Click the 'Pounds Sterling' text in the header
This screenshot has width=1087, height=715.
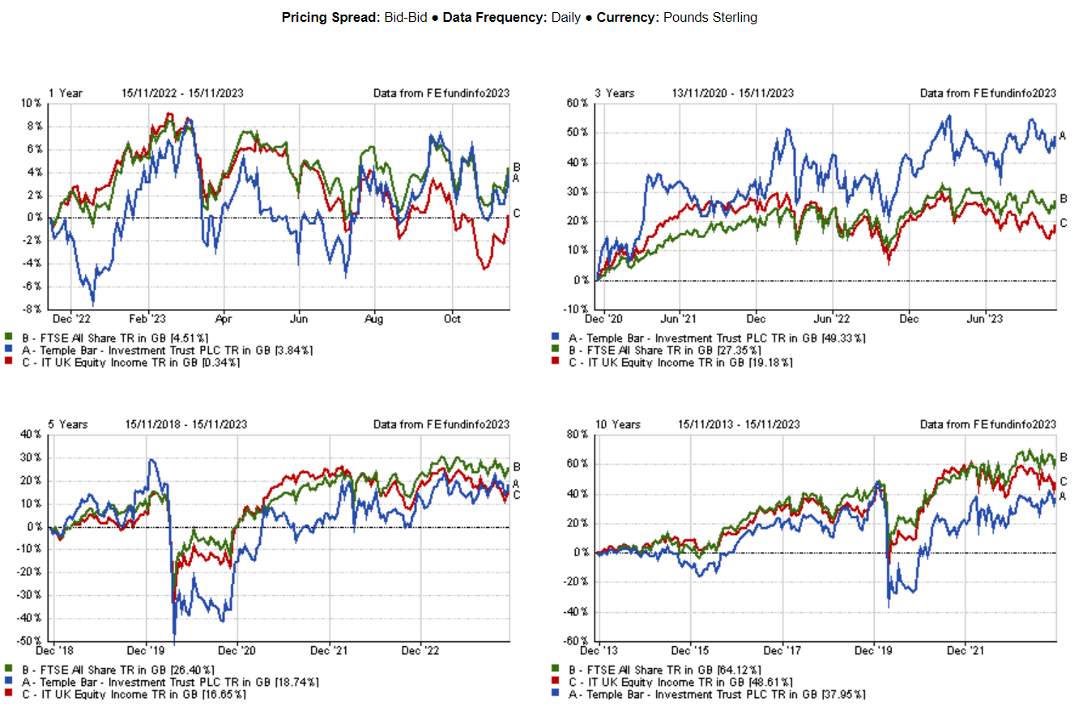[x=710, y=17]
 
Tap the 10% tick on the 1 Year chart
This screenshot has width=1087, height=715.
[x=32, y=104]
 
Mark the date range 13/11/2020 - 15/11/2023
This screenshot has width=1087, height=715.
[x=732, y=93]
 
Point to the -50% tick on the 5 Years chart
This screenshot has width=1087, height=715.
[x=30, y=641]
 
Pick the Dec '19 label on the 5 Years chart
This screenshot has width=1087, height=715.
[x=147, y=650]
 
